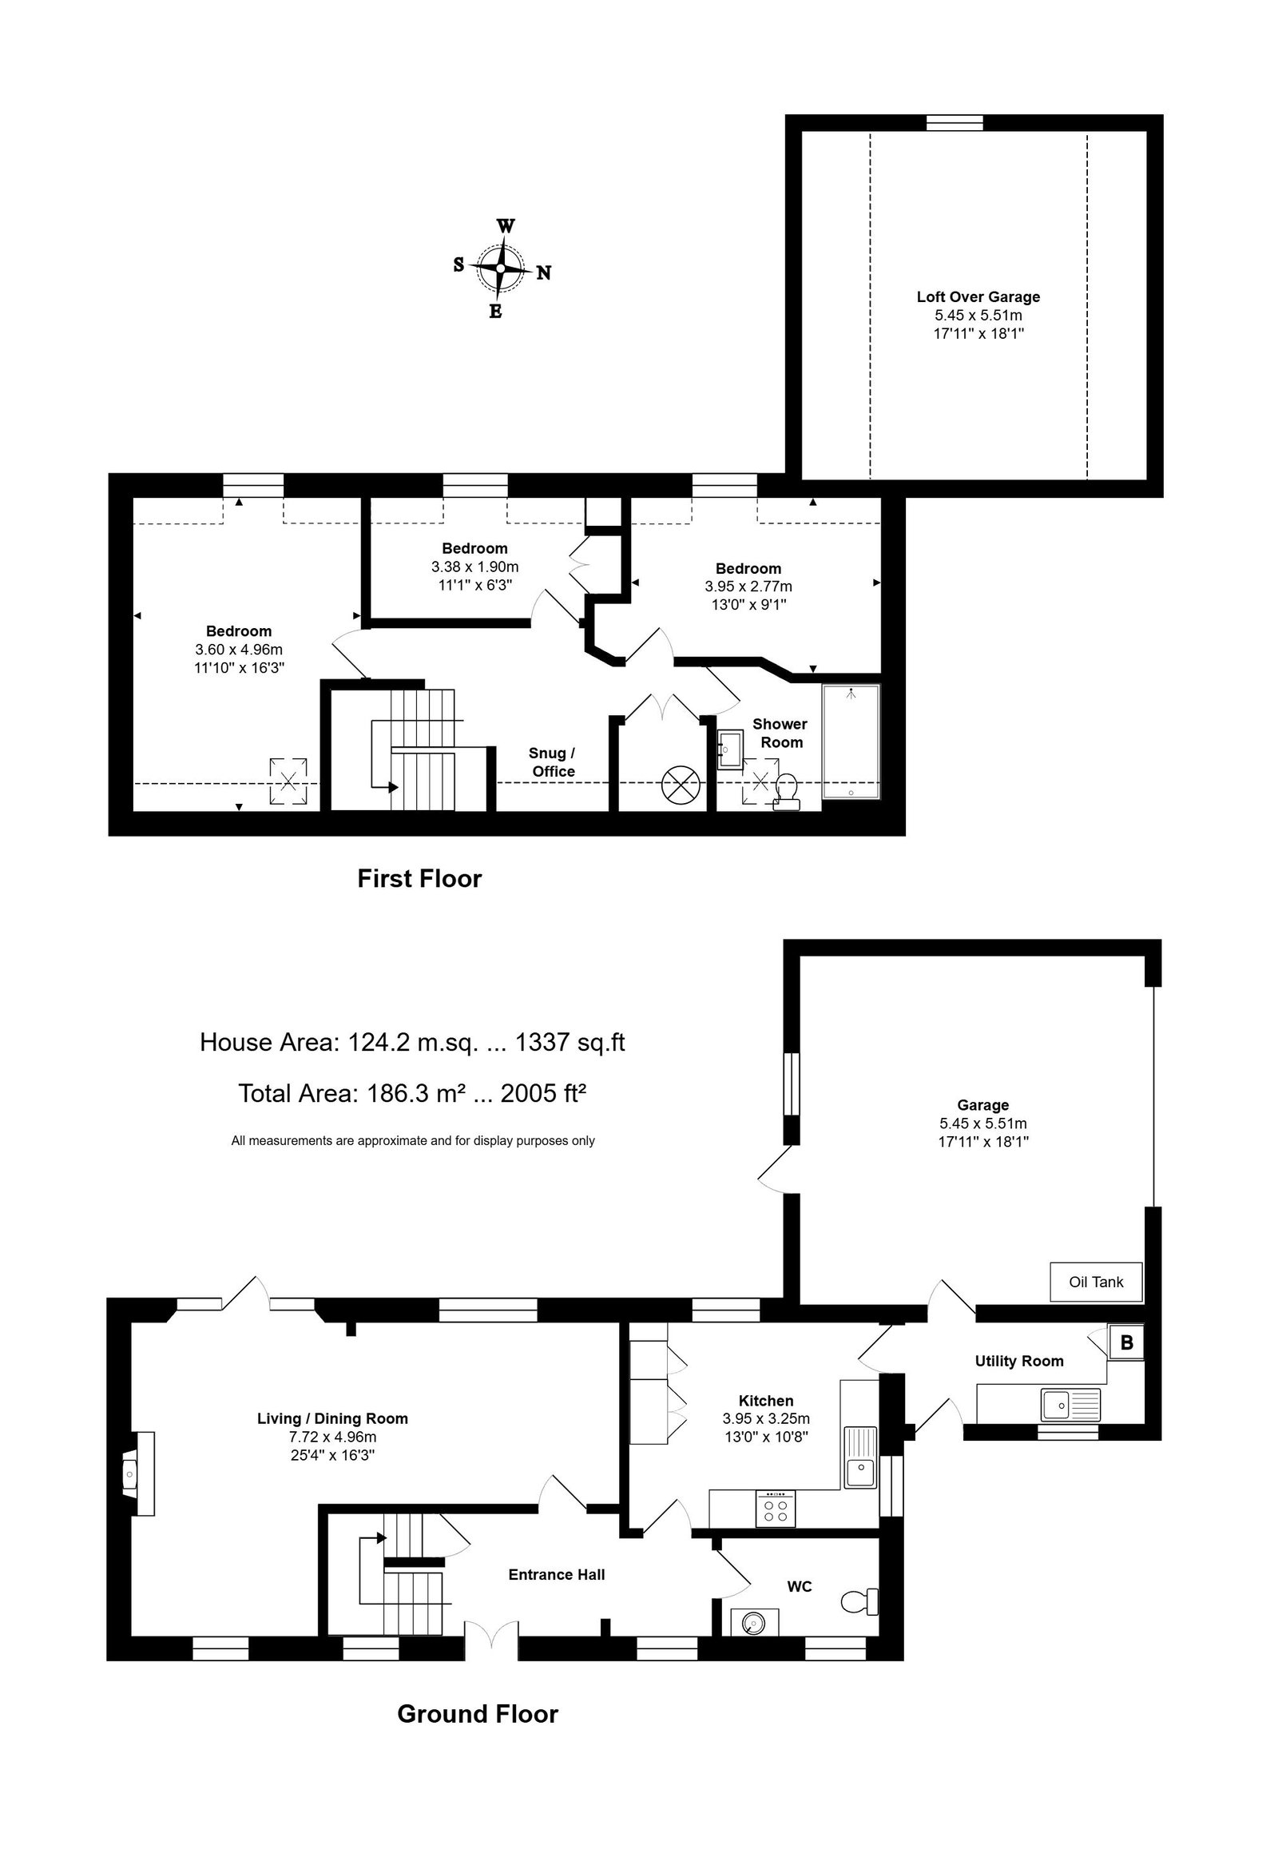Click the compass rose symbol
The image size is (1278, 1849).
point(502,268)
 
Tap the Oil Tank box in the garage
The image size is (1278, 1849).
point(1095,1282)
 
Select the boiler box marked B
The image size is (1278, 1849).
point(1126,1342)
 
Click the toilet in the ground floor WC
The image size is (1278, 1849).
point(860,1602)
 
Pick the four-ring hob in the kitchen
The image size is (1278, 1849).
point(774,1509)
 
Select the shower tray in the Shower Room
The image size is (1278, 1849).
point(851,741)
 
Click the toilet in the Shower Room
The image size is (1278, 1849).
point(785,793)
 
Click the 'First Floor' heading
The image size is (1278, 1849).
point(419,879)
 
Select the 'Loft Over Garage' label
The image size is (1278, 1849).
point(978,296)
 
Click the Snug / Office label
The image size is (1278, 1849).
point(553,761)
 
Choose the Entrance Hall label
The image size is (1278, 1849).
point(557,1574)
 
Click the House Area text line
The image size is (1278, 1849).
point(412,1041)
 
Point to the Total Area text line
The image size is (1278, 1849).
point(412,1093)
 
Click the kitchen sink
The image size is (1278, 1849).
point(861,1457)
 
